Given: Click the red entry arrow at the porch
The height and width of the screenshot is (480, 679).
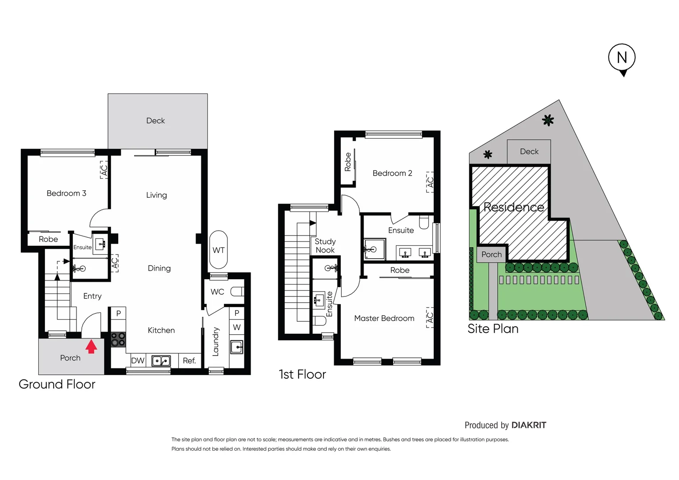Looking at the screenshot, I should pyautogui.click(x=91, y=346).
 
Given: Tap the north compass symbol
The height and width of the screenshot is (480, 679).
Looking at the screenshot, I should pyautogui.click(x=622, y=58).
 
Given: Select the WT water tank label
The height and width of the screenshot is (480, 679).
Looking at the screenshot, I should pyautogui.click(x=218, y=250).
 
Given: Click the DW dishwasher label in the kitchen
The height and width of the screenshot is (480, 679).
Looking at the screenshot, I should pyautogui.click(x=138, y=360).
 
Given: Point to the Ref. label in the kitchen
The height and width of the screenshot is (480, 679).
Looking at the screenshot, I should pyautogui.click(x=189, y=360).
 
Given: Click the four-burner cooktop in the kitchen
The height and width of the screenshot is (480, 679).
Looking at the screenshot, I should pyautogui.click(x=118, y=339).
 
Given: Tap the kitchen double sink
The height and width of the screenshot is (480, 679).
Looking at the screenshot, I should pyautogui.click(x=161, y=360).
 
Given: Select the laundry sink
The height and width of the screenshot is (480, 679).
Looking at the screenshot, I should pyautogui.click(x=236, y=347).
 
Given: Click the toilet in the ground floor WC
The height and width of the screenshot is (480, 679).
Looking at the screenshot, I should pyautogui.click(x=237, y=292).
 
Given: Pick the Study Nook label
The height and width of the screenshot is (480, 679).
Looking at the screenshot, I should pyautogui.click(x=325, y=246).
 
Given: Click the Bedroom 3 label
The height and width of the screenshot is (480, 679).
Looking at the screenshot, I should pyautogui.click(x=66, y=193).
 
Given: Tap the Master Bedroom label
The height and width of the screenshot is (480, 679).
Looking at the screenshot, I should pyautogui.click(x=384, y=318).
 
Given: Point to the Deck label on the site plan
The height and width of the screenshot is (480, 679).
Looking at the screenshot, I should pyautogui.click(x=529, y=152).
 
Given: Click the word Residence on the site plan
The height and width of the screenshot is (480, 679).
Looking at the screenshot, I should pyautogui.click(x=514, y=207).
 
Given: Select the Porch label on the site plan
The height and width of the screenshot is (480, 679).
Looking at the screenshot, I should pyautogui.click(x=491, y=255).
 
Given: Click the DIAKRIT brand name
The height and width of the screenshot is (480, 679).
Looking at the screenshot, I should pyautogui.click(x=529, y=425).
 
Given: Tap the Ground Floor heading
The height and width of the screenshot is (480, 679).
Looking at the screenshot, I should pyautogui.click(x=57, y=384).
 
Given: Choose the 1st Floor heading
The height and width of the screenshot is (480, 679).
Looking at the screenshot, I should pyautogui.click(x=302, y=374).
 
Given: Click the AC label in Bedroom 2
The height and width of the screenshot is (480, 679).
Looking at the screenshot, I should pyautogui.click(x=430, y=182).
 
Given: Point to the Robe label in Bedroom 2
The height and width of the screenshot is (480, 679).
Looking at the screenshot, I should pyautogui.click(x=348, y=162).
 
